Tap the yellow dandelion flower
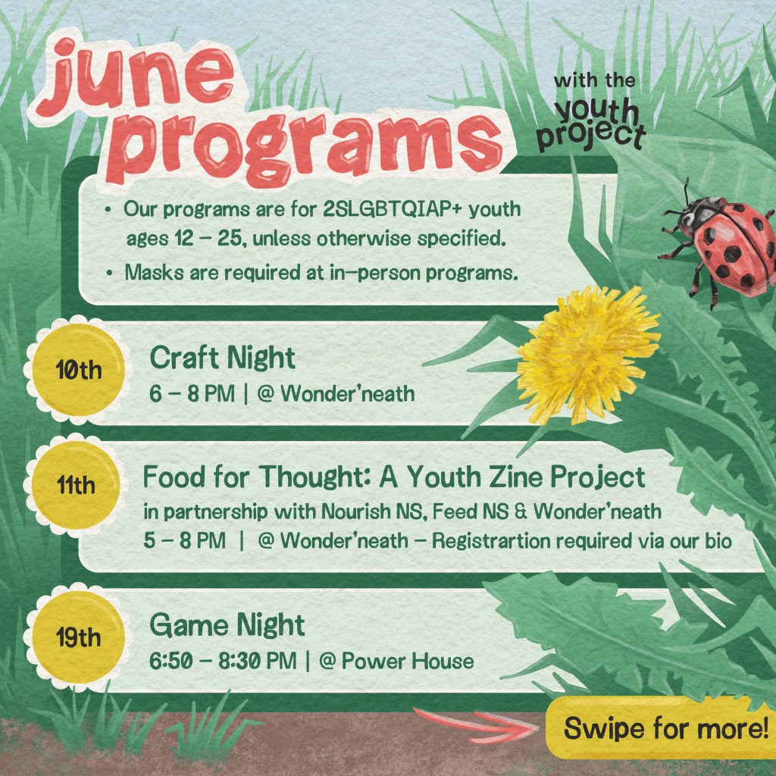tap(587, 353)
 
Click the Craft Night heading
tap(222, 357)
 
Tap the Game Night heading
tap(227, 625)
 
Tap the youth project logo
tap(598, 114)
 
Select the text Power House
tap(408, 661)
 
